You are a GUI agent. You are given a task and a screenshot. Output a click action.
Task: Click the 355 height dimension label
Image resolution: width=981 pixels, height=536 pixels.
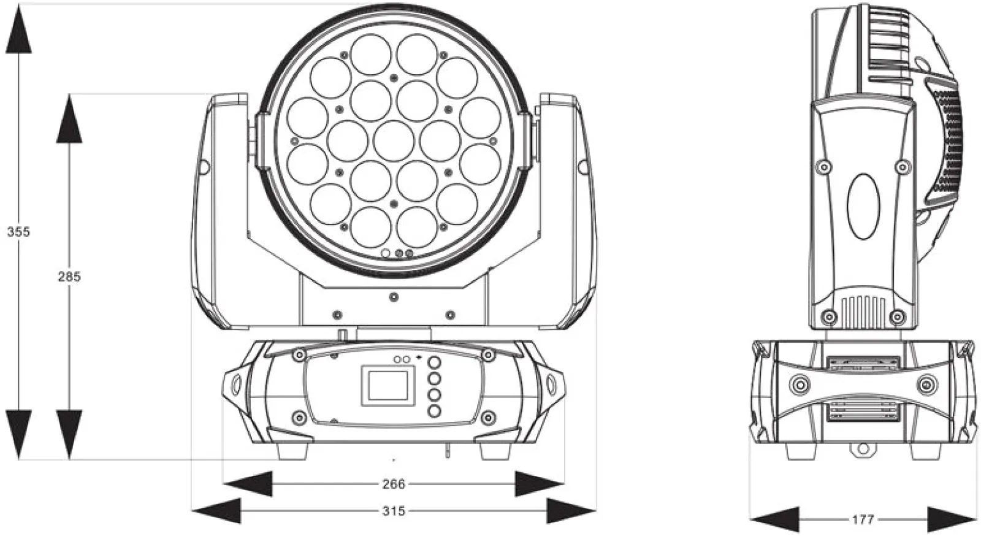[x=18, y=232]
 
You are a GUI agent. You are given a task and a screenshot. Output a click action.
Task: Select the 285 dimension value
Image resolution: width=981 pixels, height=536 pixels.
[x=69, y=277]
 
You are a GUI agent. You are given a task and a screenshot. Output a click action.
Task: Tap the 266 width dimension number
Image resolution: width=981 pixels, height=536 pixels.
[x=394, y=484]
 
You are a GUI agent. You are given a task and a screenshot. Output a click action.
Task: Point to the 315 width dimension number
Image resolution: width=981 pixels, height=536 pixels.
[x=394, y=511]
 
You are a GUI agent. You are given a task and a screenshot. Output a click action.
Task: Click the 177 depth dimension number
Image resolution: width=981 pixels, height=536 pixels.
[x=863, y=520]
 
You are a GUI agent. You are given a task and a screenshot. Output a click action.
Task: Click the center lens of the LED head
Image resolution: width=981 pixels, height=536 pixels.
[x=394, y=140]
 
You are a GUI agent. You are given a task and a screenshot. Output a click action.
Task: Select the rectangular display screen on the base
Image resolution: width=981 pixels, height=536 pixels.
[x=388, y=385]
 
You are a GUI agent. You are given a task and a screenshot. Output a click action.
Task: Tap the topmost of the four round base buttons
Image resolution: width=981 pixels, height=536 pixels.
[x=434, y=362]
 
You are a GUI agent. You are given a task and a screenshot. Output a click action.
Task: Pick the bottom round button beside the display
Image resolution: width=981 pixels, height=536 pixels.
[x=434, y=411]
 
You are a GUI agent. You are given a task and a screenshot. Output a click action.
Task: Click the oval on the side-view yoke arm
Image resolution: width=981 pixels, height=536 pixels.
[x=863, y=206]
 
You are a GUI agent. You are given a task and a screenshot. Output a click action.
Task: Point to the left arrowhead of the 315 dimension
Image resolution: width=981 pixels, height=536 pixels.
[x=216, y=511]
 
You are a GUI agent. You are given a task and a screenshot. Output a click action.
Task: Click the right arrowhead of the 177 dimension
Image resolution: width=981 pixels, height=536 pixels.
[x=952, y=520]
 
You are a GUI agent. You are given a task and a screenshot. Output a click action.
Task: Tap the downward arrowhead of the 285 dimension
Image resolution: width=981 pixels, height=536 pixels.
[x=69, y=435]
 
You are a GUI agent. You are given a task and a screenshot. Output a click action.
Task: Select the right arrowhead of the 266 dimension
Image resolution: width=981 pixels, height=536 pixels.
[x=540, y=484]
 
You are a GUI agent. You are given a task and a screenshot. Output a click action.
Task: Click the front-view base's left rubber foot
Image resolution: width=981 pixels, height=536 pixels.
[x=293, y=451]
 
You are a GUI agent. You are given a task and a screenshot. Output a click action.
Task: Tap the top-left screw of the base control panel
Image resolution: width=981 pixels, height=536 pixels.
[x=299, y=354]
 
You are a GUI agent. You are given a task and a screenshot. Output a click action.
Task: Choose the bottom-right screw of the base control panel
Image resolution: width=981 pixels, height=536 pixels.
[x=488, y=417]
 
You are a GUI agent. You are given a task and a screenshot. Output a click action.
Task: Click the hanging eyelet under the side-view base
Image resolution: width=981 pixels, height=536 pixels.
[x=863, y=450]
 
